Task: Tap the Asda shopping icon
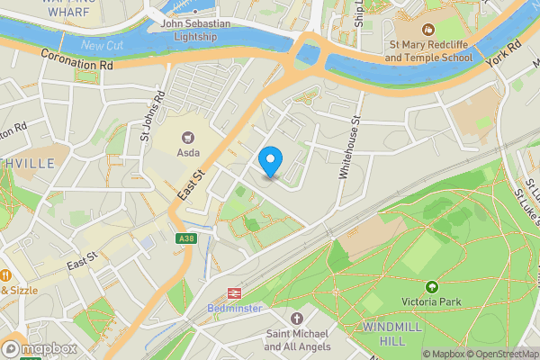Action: pyautogui.click(x=188, y=138)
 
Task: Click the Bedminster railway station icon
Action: pyautogui.click(x=236, y=292)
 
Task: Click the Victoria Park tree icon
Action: pyautogui.click(x=431, y=286)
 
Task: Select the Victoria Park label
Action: pyautogui.click(x=431, y=302)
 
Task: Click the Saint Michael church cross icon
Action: pyautogui.click(x=297, y=319)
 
